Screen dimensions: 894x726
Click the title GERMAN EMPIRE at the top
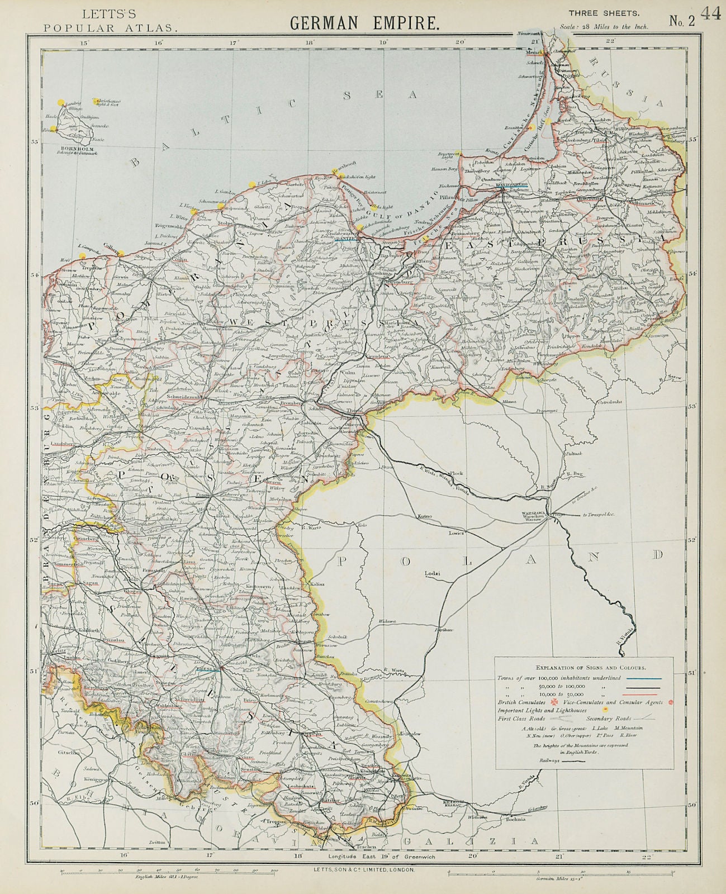point(363,23)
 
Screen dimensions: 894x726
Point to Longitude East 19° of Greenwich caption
point(378,856)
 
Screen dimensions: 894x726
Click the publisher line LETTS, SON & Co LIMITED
point(363,870)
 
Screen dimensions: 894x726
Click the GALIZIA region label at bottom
point(472,841)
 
